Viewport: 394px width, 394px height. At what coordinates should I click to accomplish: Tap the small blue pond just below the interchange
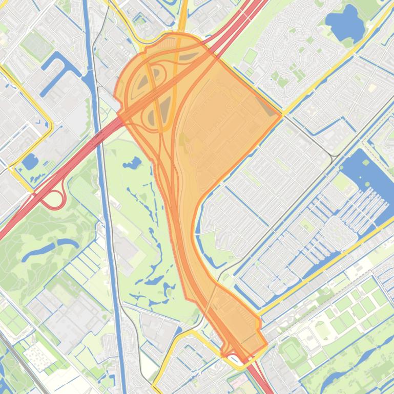[132, 164]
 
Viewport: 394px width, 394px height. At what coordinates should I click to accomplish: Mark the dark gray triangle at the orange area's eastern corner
[267, 106]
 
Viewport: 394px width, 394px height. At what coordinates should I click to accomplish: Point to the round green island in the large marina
[366, 163]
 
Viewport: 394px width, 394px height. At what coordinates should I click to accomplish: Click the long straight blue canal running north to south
[105, 205]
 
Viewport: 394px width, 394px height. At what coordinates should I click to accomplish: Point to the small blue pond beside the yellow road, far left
[29, 162]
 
